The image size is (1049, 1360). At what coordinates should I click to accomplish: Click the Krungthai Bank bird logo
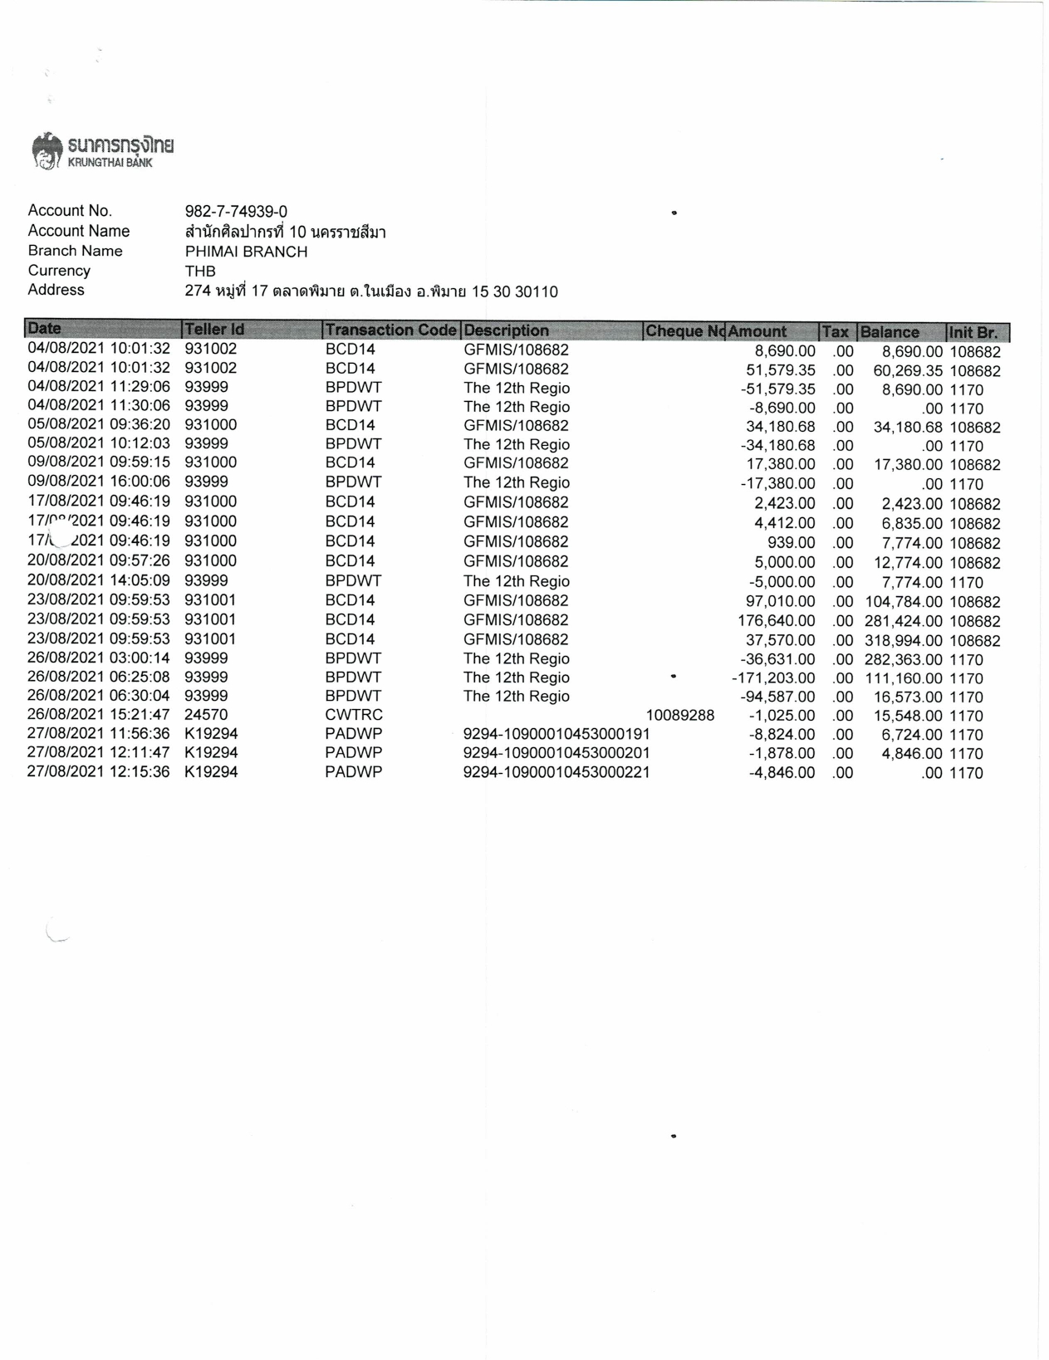(47, 150)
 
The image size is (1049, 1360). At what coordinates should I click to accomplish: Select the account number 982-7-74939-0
(236, 212)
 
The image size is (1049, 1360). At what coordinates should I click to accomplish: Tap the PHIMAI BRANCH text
(246, 252)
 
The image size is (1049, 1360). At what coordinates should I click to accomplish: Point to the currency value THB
(200, 272)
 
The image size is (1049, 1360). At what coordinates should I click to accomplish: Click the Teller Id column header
(214, 330)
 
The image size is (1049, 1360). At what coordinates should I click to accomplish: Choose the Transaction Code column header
(390, 330)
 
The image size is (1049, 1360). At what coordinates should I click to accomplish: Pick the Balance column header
(890, 332)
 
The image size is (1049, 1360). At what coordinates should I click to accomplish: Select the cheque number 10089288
(679, 715)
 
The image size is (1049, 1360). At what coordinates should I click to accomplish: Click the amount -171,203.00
(773, 678)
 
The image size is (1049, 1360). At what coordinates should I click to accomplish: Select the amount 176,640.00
(776, 621)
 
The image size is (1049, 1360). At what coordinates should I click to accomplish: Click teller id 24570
(206, 715)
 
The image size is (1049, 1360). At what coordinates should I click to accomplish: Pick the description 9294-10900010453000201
(556, 754)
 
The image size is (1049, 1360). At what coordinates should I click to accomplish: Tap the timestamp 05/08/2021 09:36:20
(99, 425)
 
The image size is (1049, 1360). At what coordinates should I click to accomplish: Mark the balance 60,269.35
(907, 370)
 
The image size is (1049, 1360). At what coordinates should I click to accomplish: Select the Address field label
(56, 290)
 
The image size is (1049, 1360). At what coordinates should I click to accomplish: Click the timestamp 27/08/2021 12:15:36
(99, 772)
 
